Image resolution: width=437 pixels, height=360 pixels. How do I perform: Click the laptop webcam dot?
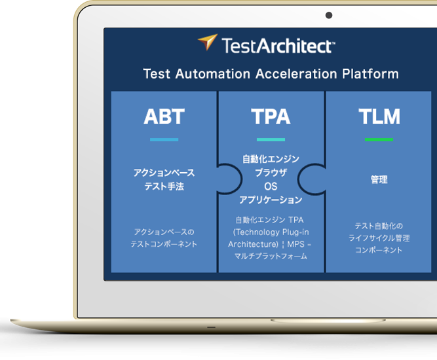point(329,15)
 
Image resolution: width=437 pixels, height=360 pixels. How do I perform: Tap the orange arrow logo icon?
point(208,42)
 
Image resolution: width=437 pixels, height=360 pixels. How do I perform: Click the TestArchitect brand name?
point(278,46)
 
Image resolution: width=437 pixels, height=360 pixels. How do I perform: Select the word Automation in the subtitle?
point(213,74)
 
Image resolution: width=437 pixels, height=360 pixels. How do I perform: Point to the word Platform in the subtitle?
point(370,74)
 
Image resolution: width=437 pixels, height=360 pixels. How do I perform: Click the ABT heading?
point(164,116)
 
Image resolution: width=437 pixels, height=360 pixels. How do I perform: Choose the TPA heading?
point(271,116)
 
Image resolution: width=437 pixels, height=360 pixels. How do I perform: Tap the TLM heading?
point(379,116)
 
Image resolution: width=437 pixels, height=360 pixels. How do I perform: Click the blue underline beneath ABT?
point(164,139)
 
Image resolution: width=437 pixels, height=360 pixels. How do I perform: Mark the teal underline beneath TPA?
point(271,139)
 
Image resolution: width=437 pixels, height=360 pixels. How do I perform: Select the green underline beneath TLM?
point(379,139)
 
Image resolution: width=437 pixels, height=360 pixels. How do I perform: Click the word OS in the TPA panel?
point(271,187)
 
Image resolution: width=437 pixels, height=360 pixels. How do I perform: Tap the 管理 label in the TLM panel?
point(379,179)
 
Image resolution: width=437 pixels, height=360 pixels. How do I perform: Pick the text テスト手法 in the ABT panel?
point(164,187)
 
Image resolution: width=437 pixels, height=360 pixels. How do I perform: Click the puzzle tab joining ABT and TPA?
point(229,179)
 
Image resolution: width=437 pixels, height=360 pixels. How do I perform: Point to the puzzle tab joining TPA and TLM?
point(310,179)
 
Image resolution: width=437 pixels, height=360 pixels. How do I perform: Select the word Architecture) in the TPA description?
point(254,244)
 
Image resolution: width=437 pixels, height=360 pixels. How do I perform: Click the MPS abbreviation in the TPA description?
point(295,244)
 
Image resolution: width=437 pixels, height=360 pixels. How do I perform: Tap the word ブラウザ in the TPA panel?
point(271,173)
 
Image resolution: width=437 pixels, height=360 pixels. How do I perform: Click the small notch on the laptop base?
point(211,327)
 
